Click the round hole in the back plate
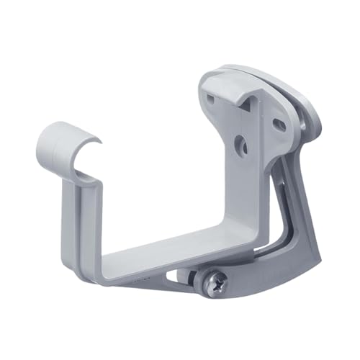242,147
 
